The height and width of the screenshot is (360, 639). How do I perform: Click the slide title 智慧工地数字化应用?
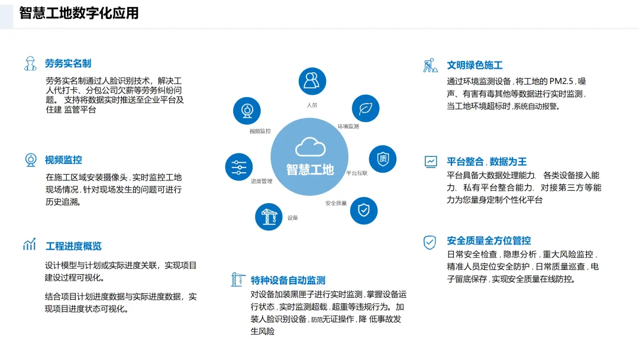click(x=79, y=13)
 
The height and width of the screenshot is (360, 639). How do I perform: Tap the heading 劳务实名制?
click(x=68, y=63)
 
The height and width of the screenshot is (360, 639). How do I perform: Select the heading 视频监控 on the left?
click(x=63, y=159)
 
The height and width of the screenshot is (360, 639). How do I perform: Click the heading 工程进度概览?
click(x=73, y=246)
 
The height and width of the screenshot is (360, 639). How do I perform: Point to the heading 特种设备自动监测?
click(x=288, y=280)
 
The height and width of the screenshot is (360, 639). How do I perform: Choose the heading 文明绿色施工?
click(x=475, y=65)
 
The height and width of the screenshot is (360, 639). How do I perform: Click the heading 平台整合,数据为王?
click(x=486, y=161)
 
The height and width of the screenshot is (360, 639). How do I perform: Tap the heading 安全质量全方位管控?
click(x=489, y=240)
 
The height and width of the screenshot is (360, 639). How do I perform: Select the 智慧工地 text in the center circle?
click(x=310, y=169)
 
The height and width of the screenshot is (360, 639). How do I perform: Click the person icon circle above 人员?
click(x=312, y=82)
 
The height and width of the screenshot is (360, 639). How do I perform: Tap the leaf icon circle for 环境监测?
click(x=366, y=108)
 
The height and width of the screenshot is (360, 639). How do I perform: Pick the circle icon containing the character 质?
click(x=383, y=159)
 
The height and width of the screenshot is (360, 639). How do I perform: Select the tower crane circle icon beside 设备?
click(x=269, y=216)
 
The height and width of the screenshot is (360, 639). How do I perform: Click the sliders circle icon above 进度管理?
click(x=239, y=166)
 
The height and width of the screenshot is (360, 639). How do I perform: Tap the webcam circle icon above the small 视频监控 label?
click(x=247, y=110)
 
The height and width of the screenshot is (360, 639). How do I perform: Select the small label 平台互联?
click(x=357, y=173)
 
